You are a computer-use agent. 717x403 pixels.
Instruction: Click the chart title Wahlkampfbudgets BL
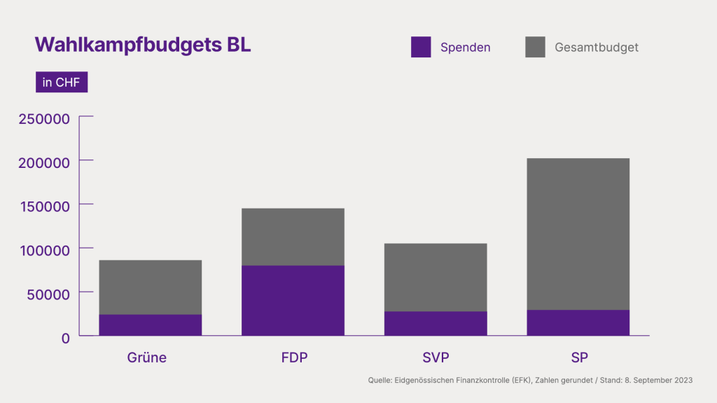pos(143,45)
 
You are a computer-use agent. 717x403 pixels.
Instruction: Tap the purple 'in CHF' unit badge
pos(62,83)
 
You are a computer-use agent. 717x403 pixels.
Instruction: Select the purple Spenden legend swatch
pos(421,47)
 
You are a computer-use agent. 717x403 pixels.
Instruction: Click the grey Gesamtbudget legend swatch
pos(535,47)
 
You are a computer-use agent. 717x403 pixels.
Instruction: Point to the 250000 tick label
pos(44,118)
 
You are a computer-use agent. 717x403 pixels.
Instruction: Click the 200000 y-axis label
pos(44,162)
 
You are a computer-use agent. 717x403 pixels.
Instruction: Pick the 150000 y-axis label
pos(44,206)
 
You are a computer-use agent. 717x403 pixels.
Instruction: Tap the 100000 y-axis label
pos(44,250)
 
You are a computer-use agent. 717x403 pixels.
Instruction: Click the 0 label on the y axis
pos(65,337)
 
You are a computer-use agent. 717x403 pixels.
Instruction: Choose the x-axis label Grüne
pos(147,358)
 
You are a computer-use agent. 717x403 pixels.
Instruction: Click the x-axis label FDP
pos(294,358)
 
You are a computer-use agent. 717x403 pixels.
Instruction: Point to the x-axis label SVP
pos(436,358)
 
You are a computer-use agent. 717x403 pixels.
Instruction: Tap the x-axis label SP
pos(579,358)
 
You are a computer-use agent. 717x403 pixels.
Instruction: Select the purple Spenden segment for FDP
pos(293,301)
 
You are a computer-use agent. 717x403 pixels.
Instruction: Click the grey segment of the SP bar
pos(578,234)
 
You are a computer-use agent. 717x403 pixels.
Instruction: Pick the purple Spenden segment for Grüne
pos(151,325)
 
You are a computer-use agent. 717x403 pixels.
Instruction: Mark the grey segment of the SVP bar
pos(436,277)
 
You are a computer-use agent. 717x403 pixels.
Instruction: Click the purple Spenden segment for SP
pos(578,323)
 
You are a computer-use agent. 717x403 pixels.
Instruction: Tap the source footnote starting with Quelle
pos(530,380)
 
